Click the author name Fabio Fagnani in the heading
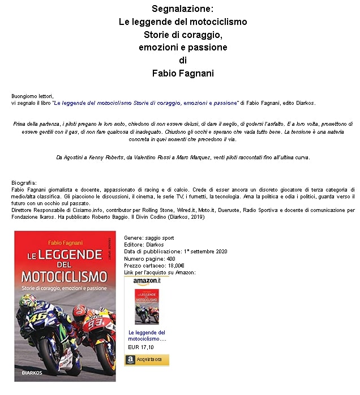(x=182, y=73)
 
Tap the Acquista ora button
(x=147, y=359)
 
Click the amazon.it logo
(x=147, y=281)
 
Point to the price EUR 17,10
(x=141, y=347)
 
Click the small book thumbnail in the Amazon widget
(x=147, y=307)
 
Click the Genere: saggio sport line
(x=149, y=238)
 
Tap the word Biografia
(x=24, y=182)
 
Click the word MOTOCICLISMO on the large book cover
(x=65, y=276)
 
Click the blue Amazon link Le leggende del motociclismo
(x=147, y=335)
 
